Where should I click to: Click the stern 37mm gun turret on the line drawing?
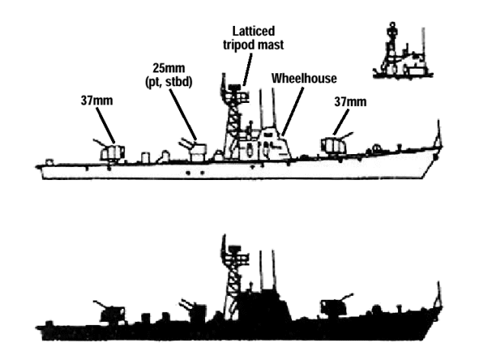[x=111, y=152]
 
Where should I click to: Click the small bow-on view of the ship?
[x=400, y=53]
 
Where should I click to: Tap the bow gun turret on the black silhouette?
[x=332, y=306]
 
